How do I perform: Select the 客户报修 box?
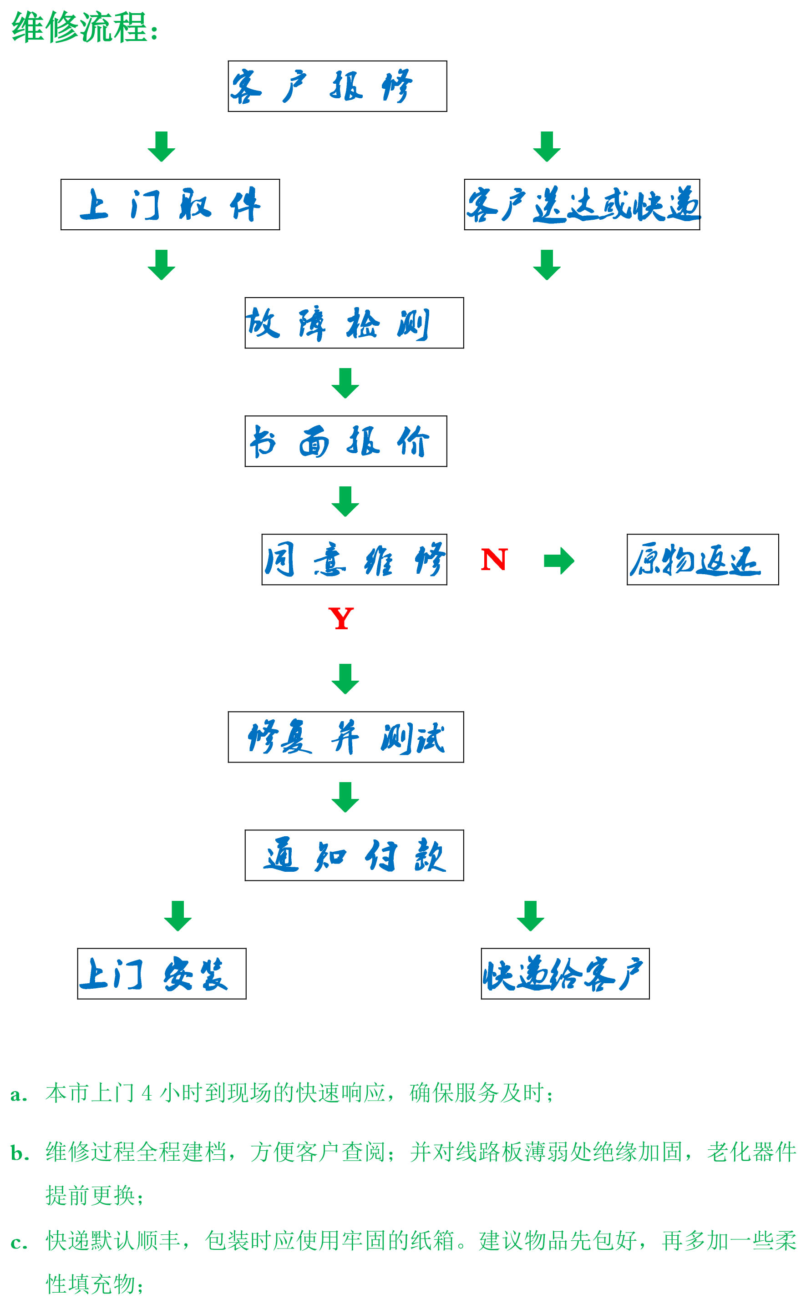[x=337, y=86]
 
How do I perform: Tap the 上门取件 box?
[x=170, y=204]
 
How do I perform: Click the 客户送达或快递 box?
[x=582, y=204]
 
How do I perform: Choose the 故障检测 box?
[x=354, y=323]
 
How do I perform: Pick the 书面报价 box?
[x=345, y=441]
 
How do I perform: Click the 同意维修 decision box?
[x=354, y=560]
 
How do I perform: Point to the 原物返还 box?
[x=702, y=560]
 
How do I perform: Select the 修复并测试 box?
[x=345, y=737]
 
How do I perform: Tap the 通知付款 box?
[x=354, y=855]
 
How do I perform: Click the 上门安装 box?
[x=162, y=974]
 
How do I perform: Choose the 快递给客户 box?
[x=565, y=974]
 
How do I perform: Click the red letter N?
[x=494, y=560]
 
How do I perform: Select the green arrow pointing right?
[x=559, y=561]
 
